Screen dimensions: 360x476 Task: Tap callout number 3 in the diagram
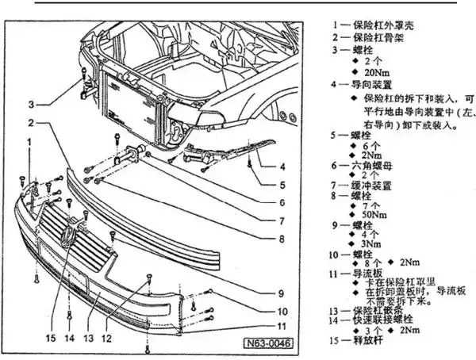point(32,104)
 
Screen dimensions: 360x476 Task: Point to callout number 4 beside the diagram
point(282,167)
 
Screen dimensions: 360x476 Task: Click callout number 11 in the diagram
point(282,325)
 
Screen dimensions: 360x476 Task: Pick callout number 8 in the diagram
point(282,238)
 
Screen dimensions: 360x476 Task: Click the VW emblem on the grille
point(68,236)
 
